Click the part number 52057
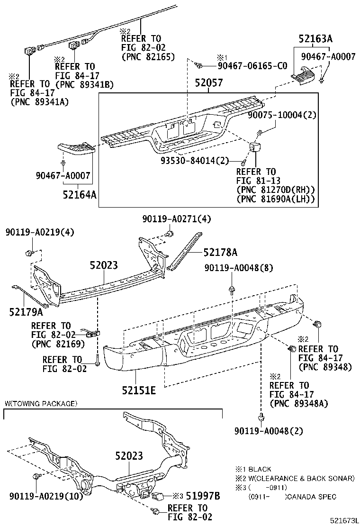click(208, 83)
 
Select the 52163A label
click(315, 40)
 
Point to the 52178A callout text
click(220, 253)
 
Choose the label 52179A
click(26, 312)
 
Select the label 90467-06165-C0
click(252, 66)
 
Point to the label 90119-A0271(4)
click(177, 219)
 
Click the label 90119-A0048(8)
click(239, 268)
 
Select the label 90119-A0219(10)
click(46, 496)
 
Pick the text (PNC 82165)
click(148, 57)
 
